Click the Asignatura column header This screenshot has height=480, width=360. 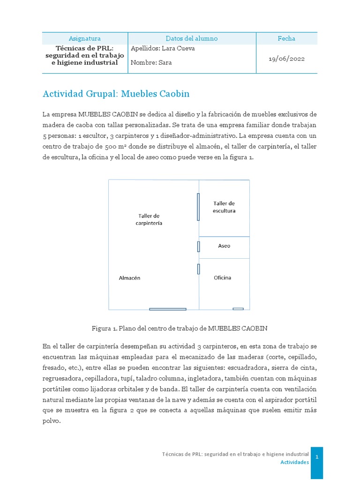pyautogui.click(x=85, y=38)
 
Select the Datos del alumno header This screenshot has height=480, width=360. pyautogui.click(x=192, y=38)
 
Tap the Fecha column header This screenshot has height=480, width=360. pyautogui.click(x=286, y=38)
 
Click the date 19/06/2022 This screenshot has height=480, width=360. pyautogui.click(x=286, y=59)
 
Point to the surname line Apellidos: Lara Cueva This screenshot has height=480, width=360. pyautogui.click(x=163, y=48)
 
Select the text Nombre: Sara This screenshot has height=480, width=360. pyautogui.click(x=151, y=63)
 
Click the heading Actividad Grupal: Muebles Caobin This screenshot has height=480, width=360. pyautogui.click(x=116, y=94)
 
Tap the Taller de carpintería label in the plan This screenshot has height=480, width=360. pyautogui.click(x=149, y=219)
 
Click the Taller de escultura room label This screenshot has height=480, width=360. pyautogui.click(x=224, y=207)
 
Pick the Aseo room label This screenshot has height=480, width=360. pyautogui.click(x=224, y=246)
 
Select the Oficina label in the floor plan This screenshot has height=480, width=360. pyautogui.click(x=222, y=277)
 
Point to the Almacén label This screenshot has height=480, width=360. pyautogui.click(x=129, y=277)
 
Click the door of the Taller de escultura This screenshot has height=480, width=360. pyautogui.click(x=198, y=207)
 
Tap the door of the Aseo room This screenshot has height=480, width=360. pyautogui.click(x=198, y=247)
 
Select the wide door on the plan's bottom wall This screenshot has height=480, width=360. pyautogui.click(x=168, y=309)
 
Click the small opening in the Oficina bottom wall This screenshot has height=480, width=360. pyautogui.click(x=238, y=308)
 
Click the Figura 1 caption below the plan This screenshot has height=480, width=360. pyautogui.click(x=180, y=328)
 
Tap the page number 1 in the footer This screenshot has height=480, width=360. pyautogui.click(x=317, y=457)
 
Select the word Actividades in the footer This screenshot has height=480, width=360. pyautogui.click(x=294, y=462)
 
